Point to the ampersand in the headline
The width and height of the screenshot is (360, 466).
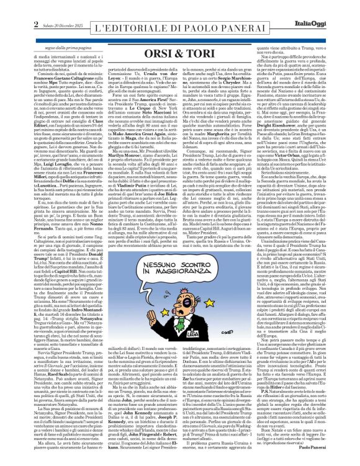[x=180, y=34]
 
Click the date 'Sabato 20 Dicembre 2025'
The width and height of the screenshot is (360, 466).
[x=40, y=7]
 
